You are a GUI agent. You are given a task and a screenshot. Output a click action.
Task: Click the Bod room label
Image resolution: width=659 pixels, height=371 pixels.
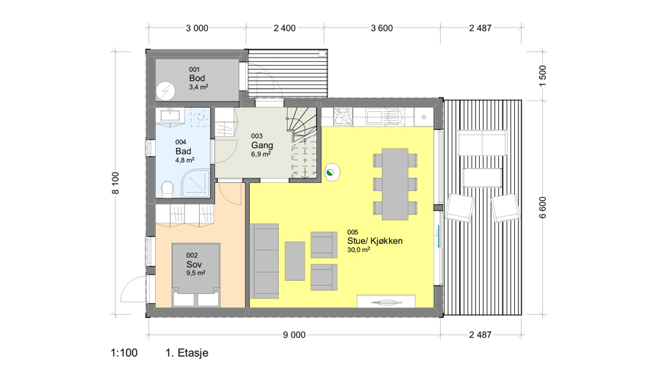197,78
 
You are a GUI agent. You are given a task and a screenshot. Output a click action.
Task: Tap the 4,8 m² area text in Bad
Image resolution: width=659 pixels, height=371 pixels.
185,160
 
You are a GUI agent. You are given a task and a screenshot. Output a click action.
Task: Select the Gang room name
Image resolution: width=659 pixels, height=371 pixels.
262,145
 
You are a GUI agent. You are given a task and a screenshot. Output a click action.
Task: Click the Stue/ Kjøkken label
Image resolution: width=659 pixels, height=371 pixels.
375,241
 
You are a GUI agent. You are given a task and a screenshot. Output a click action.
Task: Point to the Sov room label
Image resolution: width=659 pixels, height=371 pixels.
194,264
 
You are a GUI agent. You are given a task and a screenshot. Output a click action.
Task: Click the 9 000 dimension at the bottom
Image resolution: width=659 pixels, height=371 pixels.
294,335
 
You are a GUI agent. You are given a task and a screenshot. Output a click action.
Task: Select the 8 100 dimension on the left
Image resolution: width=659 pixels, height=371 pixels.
115,183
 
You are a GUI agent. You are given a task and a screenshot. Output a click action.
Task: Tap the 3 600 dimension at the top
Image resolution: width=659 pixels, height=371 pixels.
382,28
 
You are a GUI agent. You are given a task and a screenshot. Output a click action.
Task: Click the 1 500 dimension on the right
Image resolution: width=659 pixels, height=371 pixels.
542,76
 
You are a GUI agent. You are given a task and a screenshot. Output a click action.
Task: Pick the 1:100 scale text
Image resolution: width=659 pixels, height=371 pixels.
124,353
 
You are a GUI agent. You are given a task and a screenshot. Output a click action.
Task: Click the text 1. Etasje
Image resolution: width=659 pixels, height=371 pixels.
187,353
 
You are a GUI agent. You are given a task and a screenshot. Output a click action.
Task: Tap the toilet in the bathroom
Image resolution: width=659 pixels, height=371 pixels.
167,189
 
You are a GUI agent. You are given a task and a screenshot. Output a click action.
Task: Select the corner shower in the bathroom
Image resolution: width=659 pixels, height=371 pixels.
195,184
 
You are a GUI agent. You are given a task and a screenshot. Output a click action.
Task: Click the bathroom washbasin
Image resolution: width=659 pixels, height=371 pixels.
171,115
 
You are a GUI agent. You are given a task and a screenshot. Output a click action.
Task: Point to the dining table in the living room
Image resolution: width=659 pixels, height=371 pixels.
395,184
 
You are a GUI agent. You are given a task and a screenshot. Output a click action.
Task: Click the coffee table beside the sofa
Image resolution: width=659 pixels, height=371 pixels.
294,261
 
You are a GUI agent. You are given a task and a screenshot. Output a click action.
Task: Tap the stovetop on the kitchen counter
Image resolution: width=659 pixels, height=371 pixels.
343,117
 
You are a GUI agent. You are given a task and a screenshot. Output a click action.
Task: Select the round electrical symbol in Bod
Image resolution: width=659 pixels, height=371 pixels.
165,91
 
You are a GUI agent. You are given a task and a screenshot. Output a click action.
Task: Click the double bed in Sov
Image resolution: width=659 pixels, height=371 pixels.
196,275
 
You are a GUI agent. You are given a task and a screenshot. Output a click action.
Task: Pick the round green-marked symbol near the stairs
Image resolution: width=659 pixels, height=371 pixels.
332,172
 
